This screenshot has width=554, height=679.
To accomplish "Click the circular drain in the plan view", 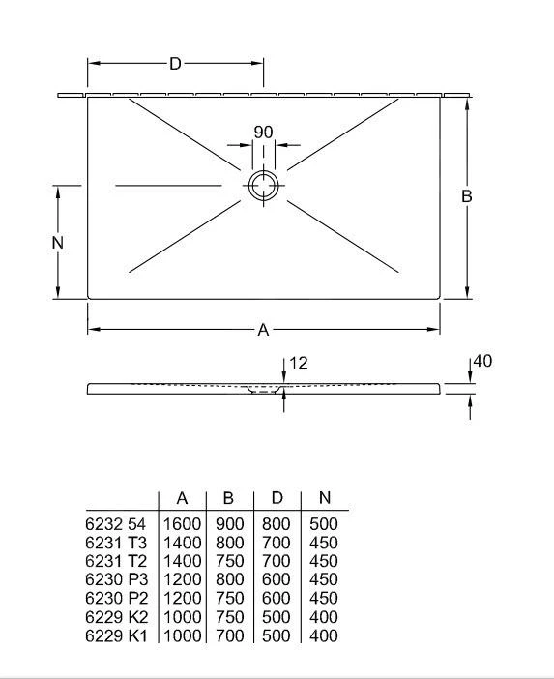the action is pos(263,171).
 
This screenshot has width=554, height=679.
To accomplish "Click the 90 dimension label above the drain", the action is pos(263,133).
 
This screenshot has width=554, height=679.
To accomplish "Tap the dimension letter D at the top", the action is pos(175,64).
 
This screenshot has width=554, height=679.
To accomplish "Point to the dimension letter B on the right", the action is pos(466,196).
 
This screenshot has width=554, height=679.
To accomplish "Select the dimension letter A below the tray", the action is pos(263,330).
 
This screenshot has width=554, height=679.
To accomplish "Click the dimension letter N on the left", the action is pos(58,243).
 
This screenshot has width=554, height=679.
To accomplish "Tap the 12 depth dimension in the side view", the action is pos(298,363).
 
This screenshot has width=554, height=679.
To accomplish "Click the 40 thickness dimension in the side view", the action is pos(482,361).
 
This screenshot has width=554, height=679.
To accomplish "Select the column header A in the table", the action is pos(182,498).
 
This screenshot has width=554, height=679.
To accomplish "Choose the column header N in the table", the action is pos(325,497).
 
